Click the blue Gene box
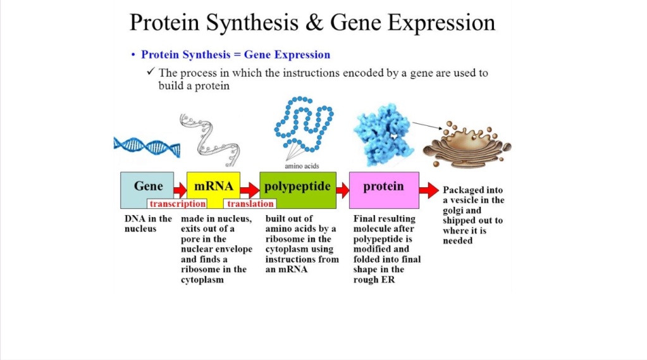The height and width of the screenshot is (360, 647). coord(147,187)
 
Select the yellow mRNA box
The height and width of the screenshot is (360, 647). coord(214,185)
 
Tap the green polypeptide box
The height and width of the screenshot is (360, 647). coord(297,187)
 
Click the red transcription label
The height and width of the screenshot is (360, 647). coord(177,204)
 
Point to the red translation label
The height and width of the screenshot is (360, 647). coord(250,204)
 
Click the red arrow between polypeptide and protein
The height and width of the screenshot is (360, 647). coord(342,189)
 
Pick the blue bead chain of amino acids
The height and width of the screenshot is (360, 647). coord(304,123)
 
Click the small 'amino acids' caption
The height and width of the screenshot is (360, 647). coord(302,166)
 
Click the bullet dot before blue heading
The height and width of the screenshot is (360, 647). coord(133,56)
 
